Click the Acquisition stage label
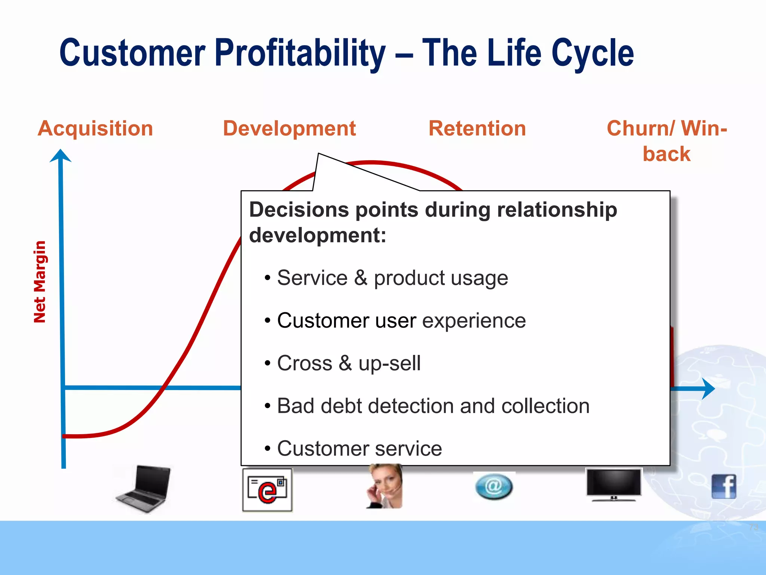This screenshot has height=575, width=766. click(95, 128)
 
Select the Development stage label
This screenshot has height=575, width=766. click(289, 128)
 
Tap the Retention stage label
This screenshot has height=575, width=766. click(477, 128)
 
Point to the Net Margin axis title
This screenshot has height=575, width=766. click(40, 282)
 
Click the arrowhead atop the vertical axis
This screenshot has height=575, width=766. click(61, 155)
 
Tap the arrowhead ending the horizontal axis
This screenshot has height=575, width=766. click(708, 389)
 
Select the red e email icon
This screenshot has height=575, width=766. click(267, 490)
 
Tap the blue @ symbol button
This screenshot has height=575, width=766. click(494, 486)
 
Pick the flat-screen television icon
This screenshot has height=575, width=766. click(613, 484)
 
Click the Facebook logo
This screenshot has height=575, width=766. click(724, 486)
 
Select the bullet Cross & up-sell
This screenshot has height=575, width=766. click(349, 363)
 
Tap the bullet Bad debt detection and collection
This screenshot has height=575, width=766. click(433, 406)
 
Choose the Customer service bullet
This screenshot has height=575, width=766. click(359, 448)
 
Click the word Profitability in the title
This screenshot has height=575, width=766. click(300, 53)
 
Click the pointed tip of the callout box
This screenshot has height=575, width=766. click(319, 154)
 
